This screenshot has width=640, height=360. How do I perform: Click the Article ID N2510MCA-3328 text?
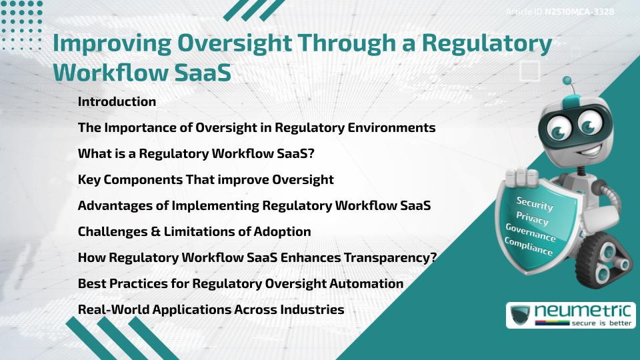point(560,12)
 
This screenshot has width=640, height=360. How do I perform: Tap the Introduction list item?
point(117,102)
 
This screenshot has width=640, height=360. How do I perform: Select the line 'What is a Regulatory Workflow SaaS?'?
point(196,154)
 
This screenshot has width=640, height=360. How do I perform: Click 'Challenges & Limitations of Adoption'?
point(194,232)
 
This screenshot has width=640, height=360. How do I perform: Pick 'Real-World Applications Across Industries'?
point(211,310)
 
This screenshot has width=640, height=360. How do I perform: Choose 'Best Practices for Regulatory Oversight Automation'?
point(241,284)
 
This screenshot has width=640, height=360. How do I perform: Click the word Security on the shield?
point(534,204)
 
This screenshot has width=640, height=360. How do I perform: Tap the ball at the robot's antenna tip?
point(567,81)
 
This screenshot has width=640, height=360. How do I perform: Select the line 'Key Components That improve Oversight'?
point(205,180)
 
